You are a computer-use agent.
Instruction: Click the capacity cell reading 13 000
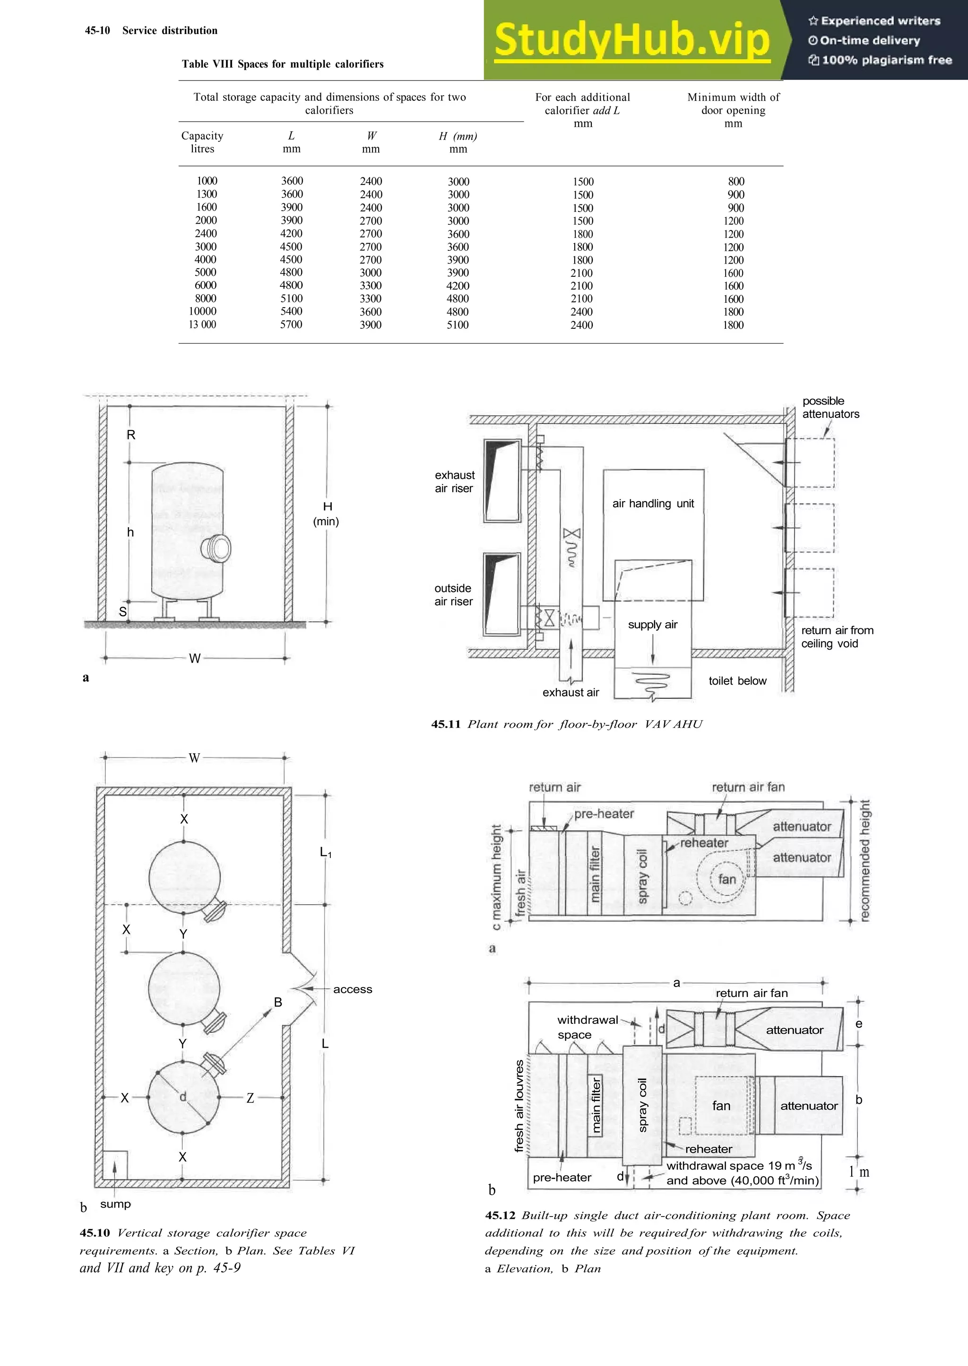point(202,325)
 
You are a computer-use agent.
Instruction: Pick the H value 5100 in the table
point(458,325)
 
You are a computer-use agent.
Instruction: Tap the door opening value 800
point(735,181)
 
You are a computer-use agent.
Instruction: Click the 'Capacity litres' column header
point(202,142)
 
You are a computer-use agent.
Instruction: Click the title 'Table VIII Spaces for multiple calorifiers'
point(283,64)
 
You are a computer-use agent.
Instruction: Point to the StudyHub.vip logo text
point(632,40)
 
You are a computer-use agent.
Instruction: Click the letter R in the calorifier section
point(131,435)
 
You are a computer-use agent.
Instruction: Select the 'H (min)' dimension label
point(327,513)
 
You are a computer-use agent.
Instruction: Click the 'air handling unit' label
point(653,503)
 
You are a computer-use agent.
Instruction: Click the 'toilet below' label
point(737,680)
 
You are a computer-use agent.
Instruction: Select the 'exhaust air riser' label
point(454,481)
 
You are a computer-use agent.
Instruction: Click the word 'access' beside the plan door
point(352,989)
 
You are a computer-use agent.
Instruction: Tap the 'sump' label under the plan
point(115,1204)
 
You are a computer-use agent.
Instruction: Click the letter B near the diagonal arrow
point(278,1002)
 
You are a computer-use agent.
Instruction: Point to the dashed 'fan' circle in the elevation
point(726,879)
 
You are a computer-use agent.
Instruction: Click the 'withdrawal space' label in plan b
point(587,1027)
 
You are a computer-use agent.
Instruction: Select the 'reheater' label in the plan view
point(708,1149)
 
